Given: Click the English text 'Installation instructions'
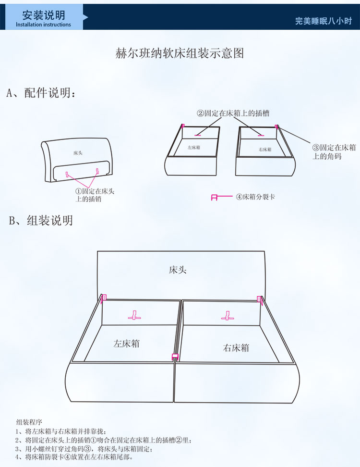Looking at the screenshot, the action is [43, 25].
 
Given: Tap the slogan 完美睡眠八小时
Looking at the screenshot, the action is [324, 21].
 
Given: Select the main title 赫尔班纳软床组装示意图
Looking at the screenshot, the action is [180, 53].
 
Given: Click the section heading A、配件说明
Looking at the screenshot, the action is [41, 93].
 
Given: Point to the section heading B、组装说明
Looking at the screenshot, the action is [41, 221].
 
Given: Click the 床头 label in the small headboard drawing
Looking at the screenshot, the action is [78, 153].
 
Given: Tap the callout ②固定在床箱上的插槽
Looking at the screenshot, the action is [233, 113].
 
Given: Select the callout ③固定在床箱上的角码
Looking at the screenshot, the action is [334, 152].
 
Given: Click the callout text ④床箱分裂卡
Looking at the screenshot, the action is [255, 197].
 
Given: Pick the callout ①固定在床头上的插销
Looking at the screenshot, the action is [95, 195].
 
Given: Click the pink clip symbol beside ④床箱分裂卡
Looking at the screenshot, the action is [215, 198].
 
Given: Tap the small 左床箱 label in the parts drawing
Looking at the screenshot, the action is [194, 148].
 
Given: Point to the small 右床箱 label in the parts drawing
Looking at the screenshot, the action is [265, 149].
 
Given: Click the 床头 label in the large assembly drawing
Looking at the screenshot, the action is [178, 270].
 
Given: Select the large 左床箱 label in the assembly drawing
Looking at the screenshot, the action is [126, 343].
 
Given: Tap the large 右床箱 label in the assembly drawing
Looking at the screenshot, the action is [236, 348].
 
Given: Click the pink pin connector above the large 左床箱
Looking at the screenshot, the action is [134, 316].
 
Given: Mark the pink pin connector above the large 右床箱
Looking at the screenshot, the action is [228, 316].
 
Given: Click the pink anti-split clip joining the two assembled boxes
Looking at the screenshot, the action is [175, 357].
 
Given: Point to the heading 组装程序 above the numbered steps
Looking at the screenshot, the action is [29, 422].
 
